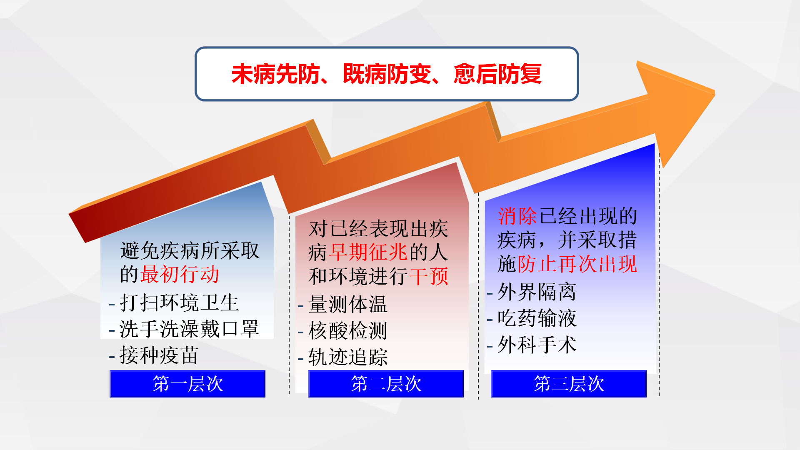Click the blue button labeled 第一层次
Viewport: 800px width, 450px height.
coord(187,384)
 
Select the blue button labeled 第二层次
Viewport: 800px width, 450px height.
coord(386,384)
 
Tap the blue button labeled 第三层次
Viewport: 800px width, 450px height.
coord(569,384)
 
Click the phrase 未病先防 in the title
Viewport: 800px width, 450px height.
coord(275,74)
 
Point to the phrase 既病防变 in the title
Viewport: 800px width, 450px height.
coord(387,74)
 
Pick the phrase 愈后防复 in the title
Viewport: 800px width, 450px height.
coord(497,74)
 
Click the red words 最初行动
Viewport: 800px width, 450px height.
coord(180,274)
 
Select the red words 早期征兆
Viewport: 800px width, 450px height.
coord(368,252)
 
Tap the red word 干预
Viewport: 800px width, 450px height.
coord(429,276)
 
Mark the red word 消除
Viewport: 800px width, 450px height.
coord(517,216)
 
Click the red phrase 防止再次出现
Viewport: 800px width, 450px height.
coord(577,264)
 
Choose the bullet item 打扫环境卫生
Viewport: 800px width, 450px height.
coord(179,302)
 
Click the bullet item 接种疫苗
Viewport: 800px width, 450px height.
coord(159,355)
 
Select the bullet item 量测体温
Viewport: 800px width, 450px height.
coord(348,304)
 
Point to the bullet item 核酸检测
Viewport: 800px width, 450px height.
coord(348,331)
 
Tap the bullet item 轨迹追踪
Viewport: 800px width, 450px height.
coord(348,357)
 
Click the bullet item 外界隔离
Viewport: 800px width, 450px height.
coord(537,292)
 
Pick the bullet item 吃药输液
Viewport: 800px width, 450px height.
coord(537,318)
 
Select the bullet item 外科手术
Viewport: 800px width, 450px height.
coord(537,345)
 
